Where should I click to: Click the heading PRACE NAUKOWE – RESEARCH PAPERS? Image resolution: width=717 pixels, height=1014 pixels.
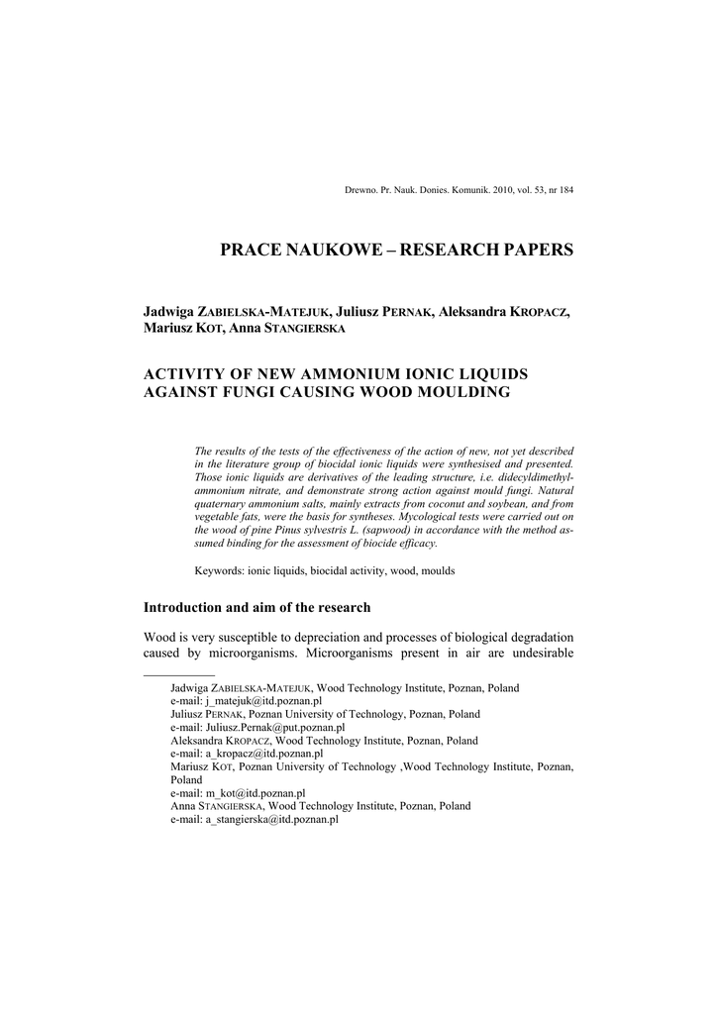pos(396,250)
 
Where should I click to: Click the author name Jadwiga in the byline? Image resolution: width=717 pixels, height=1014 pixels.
pos(170,312)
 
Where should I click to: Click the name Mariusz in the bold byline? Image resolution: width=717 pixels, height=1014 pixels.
pos(171,329)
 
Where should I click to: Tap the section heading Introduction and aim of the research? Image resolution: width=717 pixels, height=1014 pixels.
pos(257,607)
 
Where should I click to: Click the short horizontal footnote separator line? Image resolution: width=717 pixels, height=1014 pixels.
pos(179,675)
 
